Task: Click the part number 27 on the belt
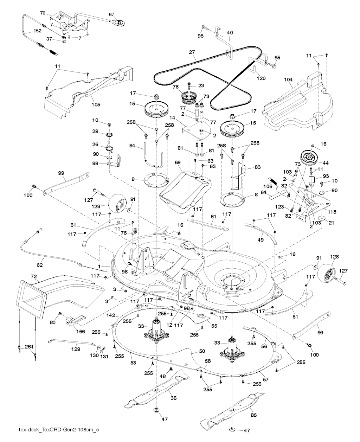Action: point(192,52)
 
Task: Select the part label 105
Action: point(96,104)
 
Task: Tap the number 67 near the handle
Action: point(111,14)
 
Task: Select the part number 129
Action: point(76,349)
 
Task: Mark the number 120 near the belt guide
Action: point(261,78)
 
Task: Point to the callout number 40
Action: point(230,32)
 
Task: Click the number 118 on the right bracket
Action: point(332,212)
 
